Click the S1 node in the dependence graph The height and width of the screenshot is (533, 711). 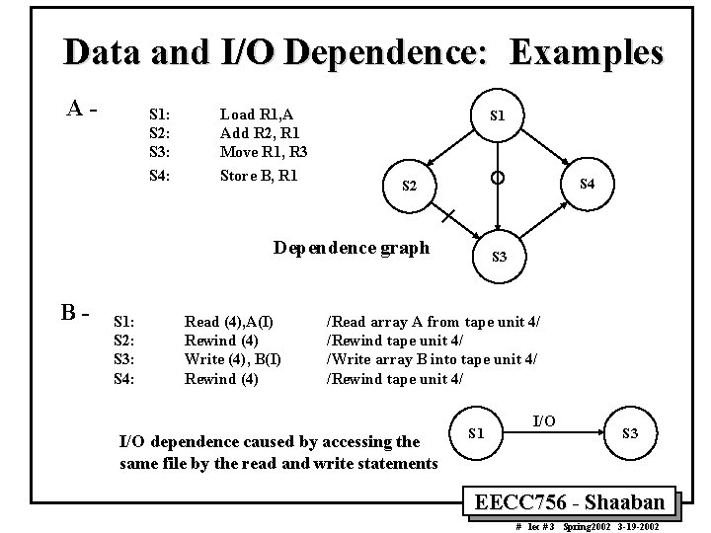500,115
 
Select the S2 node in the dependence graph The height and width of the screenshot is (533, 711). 407,188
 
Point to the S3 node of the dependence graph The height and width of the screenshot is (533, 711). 500,257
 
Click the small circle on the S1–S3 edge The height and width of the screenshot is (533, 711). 500,178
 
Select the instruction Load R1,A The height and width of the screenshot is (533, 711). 256,114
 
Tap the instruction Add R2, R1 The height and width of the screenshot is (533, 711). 260,133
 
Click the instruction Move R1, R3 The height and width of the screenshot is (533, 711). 264,152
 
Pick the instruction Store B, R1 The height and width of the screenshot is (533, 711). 259,178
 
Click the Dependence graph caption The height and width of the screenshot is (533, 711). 352,247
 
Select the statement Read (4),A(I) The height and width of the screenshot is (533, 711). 230,322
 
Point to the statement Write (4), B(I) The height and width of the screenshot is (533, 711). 233,359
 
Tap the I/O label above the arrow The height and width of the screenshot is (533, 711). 544,421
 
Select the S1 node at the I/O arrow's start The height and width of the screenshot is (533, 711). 476,432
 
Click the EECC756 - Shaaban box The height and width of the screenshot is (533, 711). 577,500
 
